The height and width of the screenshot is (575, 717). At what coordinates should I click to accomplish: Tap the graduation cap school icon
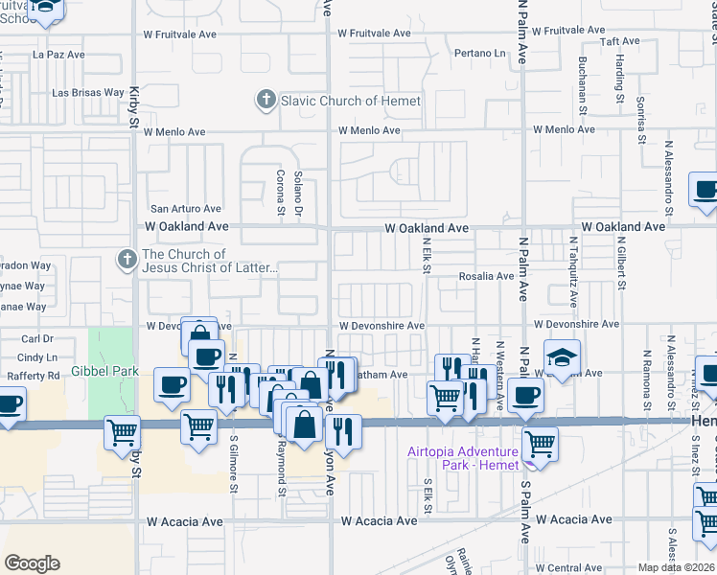point(562,358)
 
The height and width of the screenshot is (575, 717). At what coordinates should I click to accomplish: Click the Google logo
point(32,563)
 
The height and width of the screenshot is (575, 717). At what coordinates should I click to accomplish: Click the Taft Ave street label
point(619,41)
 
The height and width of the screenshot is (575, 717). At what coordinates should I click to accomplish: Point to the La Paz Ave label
point(58,55)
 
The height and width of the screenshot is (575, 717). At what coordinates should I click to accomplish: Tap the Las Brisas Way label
point(88,93)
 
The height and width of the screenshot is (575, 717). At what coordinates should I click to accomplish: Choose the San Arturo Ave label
point(186,208)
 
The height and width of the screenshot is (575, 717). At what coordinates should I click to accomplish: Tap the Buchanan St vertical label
point(583,82)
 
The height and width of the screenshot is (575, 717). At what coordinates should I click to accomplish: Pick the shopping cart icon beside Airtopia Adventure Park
point(540,446)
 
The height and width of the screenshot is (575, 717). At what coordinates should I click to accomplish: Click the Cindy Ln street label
point(38,356)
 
